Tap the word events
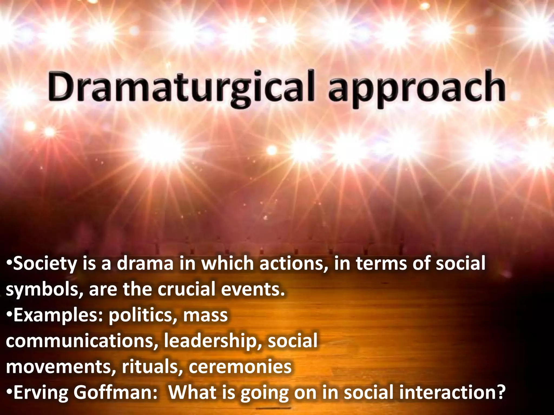tap(253, 289)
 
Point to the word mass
tap(205, 316)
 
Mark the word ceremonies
tap(240, 367)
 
